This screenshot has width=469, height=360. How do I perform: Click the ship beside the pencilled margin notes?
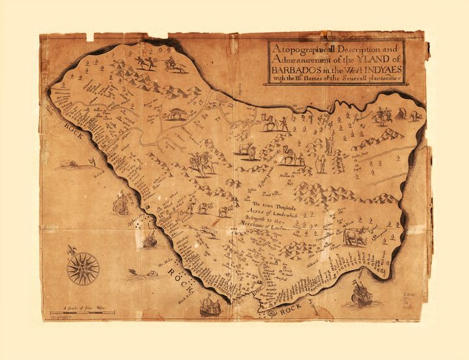coord(362,293)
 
